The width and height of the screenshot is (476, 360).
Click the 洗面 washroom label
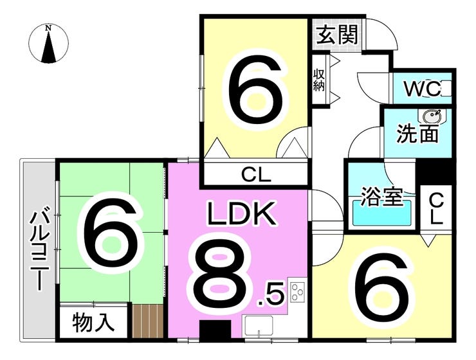pos(417,134)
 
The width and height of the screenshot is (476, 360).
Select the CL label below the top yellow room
pos(256,174)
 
